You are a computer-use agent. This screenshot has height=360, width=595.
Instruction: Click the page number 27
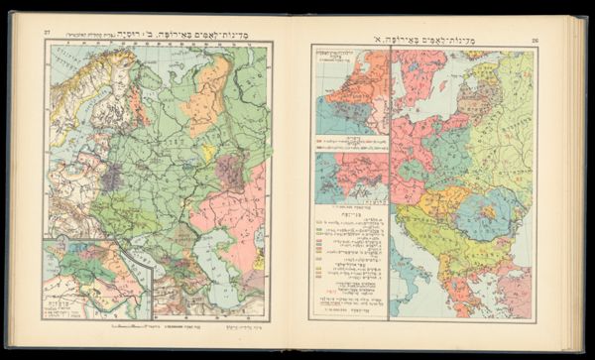tap(47, 34)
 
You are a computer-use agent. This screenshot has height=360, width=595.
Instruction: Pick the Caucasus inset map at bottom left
tap(94, 278)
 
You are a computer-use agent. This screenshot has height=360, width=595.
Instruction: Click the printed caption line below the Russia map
tap(159, 324)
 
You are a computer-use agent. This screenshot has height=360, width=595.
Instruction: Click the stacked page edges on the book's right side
tap(574, 179)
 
